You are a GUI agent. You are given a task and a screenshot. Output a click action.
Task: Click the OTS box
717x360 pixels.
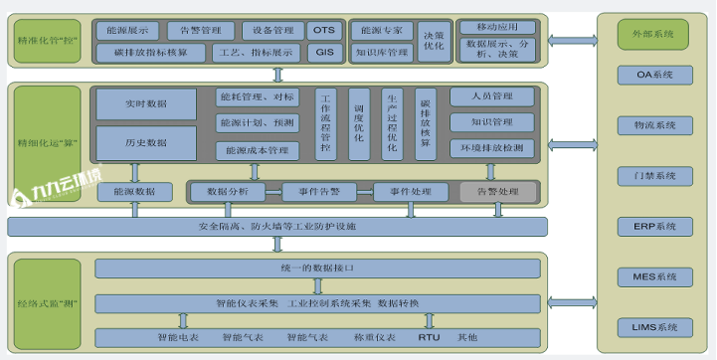324,31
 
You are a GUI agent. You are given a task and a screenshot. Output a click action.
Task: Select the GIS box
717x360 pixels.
324,52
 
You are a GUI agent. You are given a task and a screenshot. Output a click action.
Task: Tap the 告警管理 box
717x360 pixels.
200,31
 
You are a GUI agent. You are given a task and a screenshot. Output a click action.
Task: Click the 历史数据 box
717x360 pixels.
146,142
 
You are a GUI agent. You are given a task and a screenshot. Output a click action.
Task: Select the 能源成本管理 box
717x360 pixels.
257,150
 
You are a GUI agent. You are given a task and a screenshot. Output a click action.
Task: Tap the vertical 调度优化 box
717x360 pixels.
359,124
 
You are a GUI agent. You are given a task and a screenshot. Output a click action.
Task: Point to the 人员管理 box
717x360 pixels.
493,96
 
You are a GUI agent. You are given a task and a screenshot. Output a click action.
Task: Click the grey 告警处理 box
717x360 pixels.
497,191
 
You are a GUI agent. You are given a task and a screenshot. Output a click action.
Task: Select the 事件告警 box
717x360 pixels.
311,191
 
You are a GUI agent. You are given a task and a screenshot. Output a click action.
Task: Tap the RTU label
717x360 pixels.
429,338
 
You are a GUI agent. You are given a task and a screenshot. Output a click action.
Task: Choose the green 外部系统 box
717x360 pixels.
652,35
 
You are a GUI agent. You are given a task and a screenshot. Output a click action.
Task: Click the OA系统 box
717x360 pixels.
654,75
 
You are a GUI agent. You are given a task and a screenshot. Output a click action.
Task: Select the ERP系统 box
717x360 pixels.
654,227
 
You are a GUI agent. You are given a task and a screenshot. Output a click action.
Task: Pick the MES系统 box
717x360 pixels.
654,276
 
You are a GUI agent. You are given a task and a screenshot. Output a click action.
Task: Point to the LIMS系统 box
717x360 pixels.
654,326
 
